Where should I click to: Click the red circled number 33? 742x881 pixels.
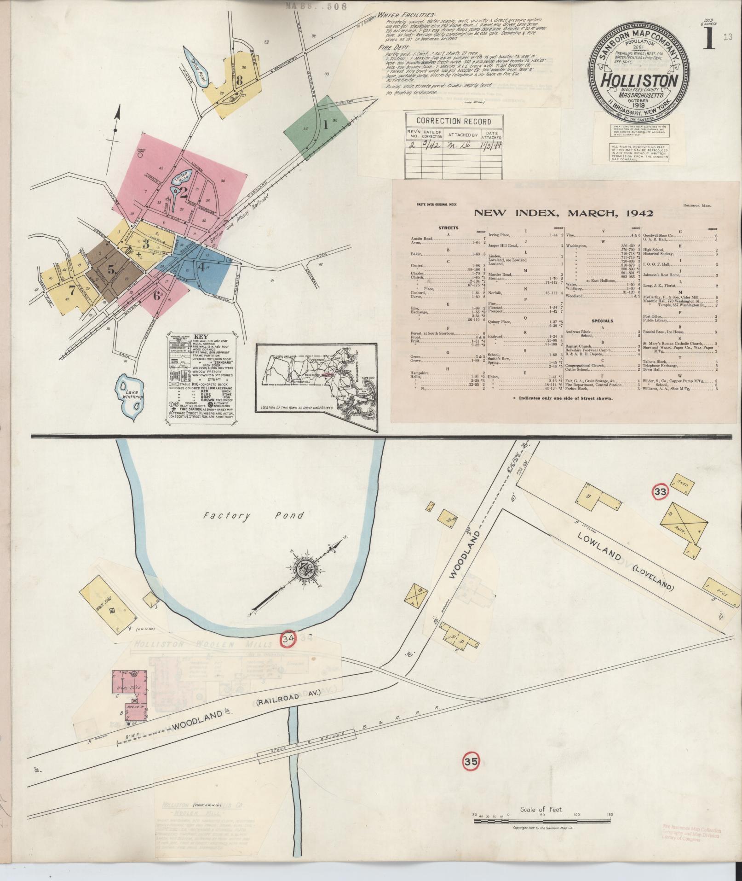[660, 492]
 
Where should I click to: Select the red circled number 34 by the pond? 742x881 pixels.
[288, 639]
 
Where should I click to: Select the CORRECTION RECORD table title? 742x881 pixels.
[453, 122]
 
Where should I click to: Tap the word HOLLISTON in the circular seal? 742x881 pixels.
[639, 81]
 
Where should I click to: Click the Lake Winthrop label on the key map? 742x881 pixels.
[129, 392]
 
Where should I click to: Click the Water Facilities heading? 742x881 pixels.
[407, 14]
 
